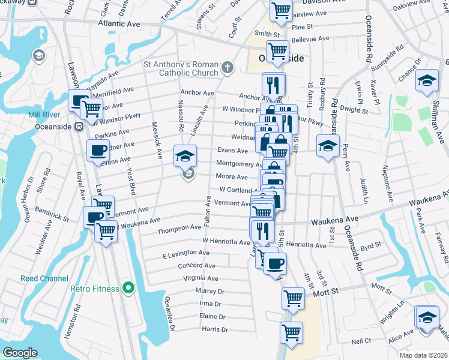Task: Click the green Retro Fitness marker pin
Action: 127,289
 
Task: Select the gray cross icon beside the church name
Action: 227,67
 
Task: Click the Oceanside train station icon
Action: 78,127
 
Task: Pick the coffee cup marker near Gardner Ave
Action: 98,150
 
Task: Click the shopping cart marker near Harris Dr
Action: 291,332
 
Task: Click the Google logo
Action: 20,352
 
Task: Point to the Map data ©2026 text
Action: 424,355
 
